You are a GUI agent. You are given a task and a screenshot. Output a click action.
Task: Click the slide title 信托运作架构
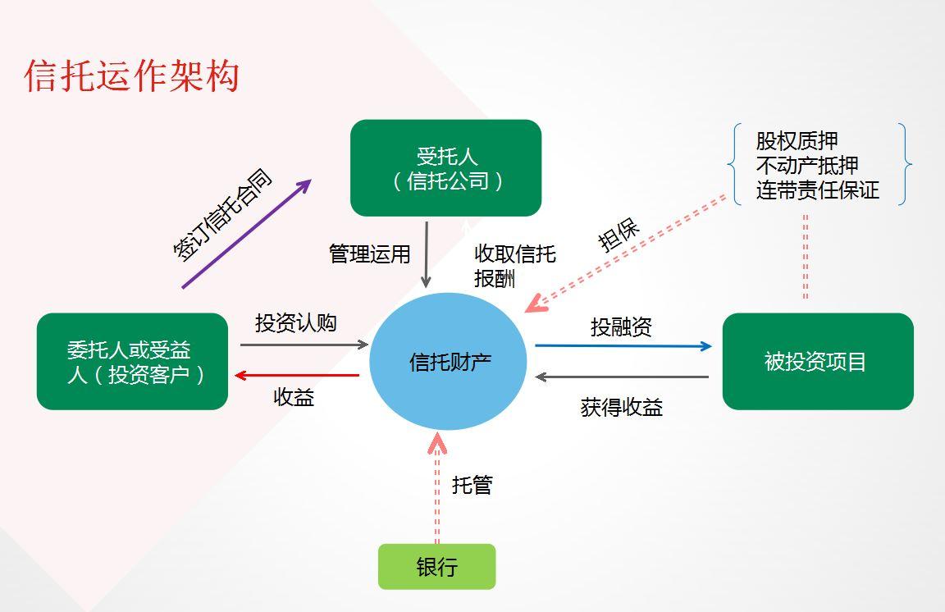coord(132,76)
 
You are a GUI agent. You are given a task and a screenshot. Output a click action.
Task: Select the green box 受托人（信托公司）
coord(446,167)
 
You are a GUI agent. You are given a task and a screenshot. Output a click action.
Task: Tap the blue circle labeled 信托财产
coord(449,361)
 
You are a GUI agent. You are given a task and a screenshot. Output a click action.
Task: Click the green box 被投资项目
coord(818,361)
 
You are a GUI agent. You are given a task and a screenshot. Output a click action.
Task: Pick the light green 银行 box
coord(437,567)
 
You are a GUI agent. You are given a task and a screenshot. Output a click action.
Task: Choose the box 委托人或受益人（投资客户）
coord(133,361)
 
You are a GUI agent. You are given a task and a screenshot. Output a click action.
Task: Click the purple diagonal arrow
coord(246,233)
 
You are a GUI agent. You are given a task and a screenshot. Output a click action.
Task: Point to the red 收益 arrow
coord(297,376)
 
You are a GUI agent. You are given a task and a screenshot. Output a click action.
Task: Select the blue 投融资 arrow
coord(623,346)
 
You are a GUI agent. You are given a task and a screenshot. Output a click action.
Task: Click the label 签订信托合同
coord(222,215)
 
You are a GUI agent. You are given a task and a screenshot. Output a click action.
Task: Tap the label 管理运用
coord(369,253)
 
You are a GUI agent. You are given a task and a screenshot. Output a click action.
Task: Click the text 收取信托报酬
coord(514,266)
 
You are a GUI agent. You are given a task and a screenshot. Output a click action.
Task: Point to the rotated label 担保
coord(618,235)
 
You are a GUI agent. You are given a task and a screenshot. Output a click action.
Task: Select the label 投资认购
coord(296,323)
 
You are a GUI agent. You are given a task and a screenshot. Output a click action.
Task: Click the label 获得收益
coord(621,408)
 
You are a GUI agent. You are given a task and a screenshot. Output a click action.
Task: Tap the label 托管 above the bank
coord(472,485)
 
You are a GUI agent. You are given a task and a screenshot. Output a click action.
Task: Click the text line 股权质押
coord(797,141)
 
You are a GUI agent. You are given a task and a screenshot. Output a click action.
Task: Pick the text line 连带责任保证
coord(818,190)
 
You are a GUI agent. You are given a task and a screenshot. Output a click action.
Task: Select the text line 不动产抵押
coord(807,165)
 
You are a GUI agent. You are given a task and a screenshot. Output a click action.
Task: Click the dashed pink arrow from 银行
coord(437,488)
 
